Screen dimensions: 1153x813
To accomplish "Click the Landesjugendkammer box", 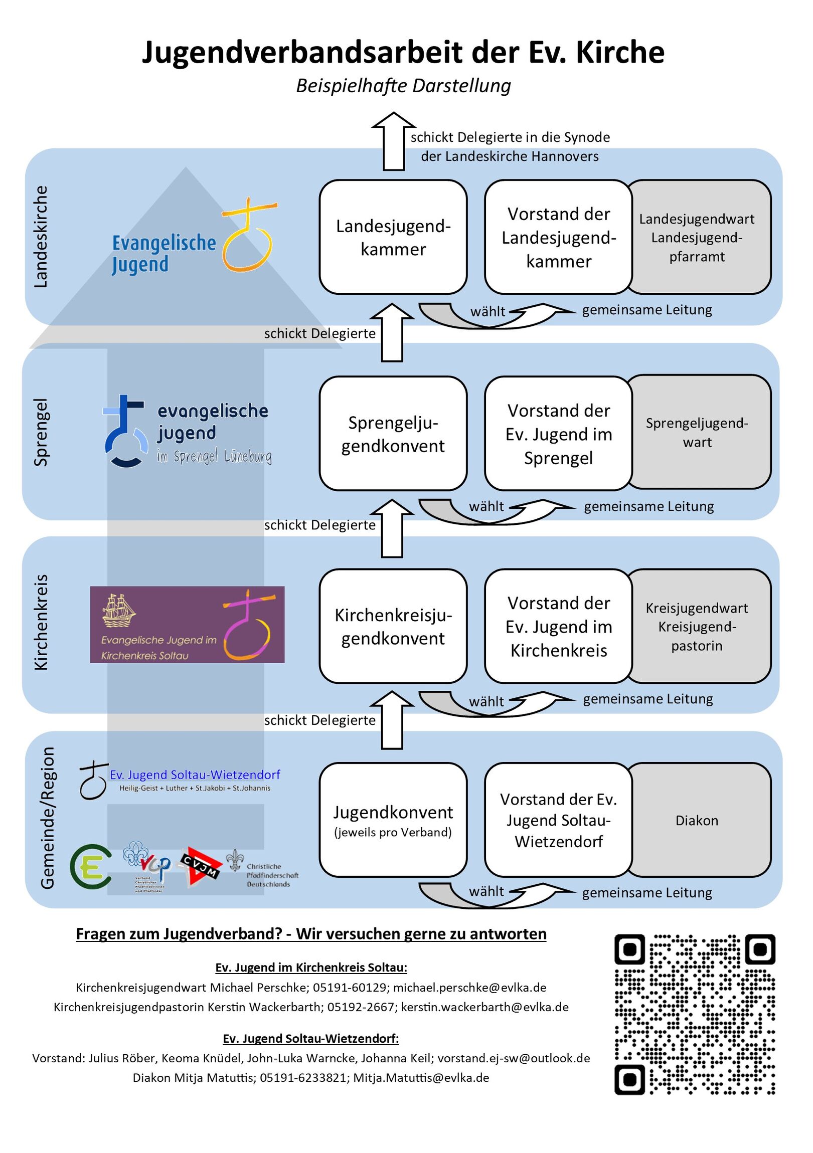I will pos(393,237).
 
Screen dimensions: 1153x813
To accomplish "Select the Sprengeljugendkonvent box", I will pos(393,434).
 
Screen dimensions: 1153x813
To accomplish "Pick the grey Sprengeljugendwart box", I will pos(699,432).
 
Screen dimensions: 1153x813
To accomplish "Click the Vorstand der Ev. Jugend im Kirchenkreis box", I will pos(558,626).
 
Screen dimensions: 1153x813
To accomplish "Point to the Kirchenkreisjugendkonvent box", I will pos(393,626).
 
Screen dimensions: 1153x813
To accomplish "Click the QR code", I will pos(695,1014).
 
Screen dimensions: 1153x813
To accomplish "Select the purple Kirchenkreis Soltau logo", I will pos(187,624).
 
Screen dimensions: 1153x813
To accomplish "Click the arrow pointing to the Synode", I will pos(393,141).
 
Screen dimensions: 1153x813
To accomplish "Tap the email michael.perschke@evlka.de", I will pos(469,987).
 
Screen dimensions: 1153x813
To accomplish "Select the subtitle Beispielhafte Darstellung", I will pos(403,86).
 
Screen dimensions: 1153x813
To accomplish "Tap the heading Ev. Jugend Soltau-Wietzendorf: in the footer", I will pos(310,1039).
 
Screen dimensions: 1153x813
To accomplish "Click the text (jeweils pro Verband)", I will pos(393,833).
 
